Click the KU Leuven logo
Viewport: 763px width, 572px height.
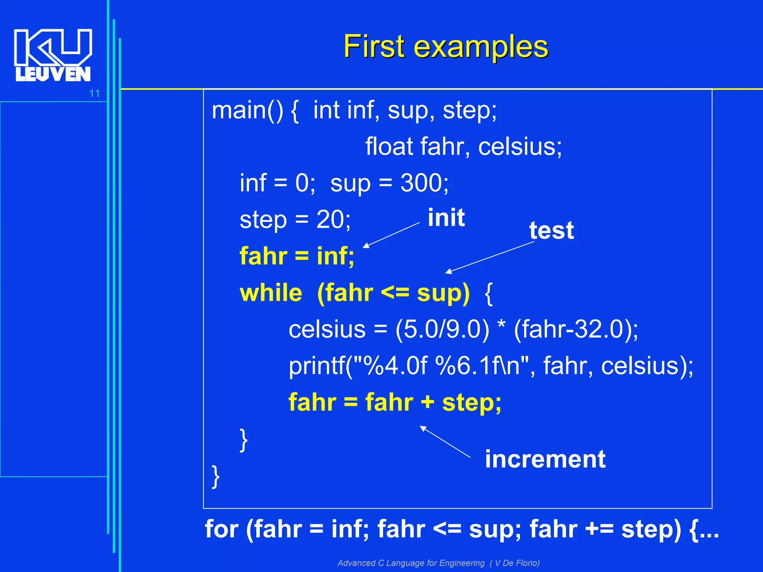click(x=53, y=55)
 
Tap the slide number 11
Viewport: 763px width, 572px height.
click(x=95, y=93)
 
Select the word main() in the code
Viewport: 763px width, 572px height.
click(x=247, y=111)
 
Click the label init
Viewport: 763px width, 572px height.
click(x=446, y=217)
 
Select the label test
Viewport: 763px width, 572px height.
click(x=551, y=231)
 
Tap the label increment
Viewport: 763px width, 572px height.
click(x=545, y=459)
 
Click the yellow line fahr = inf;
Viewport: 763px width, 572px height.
click(x=297, y=256)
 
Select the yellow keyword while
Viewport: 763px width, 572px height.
click(x=271, y=293)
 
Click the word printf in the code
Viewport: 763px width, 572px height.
click(x=317, y=366)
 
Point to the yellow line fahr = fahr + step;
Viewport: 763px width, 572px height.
click(x=395, y=403)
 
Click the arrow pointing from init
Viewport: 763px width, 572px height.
click(x=391, y=235)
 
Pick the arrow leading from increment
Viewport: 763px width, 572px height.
click(x=445, y=442)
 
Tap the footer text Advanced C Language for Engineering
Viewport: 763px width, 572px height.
click(x=411, y=563)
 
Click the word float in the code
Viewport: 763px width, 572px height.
click(x=389, y=147)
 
